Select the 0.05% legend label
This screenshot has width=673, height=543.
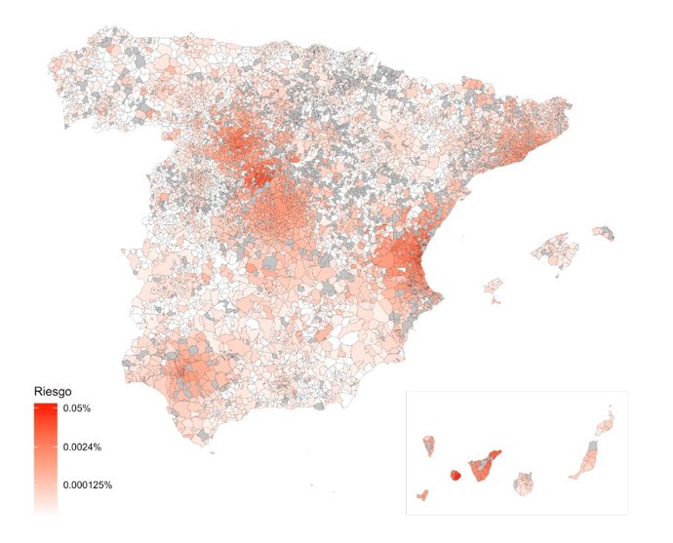(x=79, y=408)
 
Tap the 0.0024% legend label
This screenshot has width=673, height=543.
(x=84, y=447)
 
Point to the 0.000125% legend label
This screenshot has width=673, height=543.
(x=89, y=484)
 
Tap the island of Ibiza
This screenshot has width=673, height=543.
(x=494, y=286)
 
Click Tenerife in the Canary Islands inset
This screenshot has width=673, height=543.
(x=482, y=466)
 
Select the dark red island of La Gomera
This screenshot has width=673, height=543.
(x=454, y=476)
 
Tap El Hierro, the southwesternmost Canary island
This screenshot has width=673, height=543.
(x=423, y=495)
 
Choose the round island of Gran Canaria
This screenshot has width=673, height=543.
(x=528, y=484)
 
